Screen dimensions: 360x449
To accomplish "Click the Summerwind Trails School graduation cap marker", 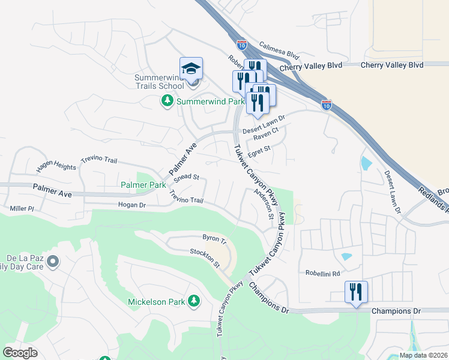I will click(191, 69).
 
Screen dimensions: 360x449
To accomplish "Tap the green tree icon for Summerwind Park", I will click(167, 101).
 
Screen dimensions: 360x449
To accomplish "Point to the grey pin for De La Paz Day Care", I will click(53, 261).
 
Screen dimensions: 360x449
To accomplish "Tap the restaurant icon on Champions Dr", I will click(355, 292).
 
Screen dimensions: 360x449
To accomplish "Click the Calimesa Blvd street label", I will click(279, 50).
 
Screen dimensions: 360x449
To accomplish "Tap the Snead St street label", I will click(186, 178).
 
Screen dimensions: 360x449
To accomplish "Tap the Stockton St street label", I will click(205, 259).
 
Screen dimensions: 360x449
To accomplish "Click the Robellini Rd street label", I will click(323, 272).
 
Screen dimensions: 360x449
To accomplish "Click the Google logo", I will click(20, 353).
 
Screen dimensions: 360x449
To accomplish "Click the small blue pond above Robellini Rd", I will click(346, 257).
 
